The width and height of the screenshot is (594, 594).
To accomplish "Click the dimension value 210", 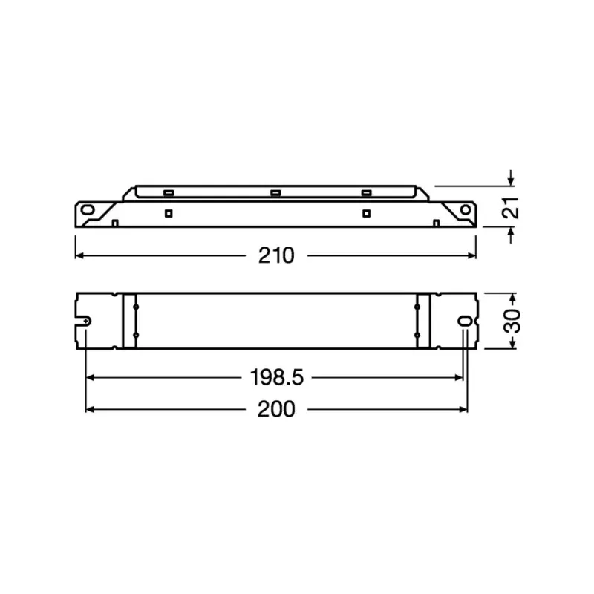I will point(276,255).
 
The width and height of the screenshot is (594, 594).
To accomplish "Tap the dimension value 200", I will point(276,409).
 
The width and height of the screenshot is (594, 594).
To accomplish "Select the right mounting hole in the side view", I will point(466,210).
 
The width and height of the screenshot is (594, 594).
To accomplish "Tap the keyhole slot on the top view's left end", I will point(87,321).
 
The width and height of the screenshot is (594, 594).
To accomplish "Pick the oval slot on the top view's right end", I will point(465,321).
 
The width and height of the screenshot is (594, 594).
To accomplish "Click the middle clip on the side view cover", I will point(274,193).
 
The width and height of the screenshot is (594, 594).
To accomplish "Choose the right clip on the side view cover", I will point(365,193).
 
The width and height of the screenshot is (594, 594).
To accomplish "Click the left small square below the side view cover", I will point(169,213).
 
